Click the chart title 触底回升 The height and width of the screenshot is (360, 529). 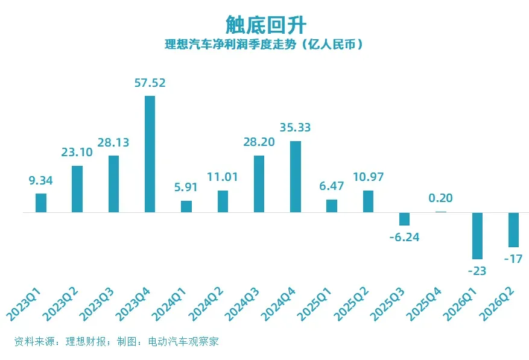click(x=266, y=24)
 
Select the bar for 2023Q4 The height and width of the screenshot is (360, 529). click(x=150, y=154)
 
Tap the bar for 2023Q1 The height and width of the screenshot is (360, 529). click(x=41, y=203)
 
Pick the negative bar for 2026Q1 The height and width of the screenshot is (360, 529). click(x=477, y=236)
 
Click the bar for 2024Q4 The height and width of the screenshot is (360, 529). click(x=296, y=177)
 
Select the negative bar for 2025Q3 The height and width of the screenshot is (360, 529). click(x=405, y=219)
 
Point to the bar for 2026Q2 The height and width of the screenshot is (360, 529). click(x=513, y=230)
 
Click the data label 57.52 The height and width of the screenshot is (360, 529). click(x=150, y=83)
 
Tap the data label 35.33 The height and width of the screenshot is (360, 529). click(x=295, y=127)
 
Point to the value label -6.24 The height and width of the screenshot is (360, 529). click(x=405, y=237)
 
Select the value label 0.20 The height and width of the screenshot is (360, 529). click(x=440, y=198)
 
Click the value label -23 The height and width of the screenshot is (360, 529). click(x=477, y=271)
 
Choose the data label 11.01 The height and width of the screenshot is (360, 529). click(x=223, y=177)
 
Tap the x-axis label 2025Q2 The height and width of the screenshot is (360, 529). click(x=351, y=304)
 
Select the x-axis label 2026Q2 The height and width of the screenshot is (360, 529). click(x=497, y=304)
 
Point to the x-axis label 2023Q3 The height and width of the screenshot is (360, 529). click(x=97, y=304)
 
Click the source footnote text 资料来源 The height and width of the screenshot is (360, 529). click(x=34, y=341)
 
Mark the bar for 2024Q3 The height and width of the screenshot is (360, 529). click(x=259, y=184)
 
